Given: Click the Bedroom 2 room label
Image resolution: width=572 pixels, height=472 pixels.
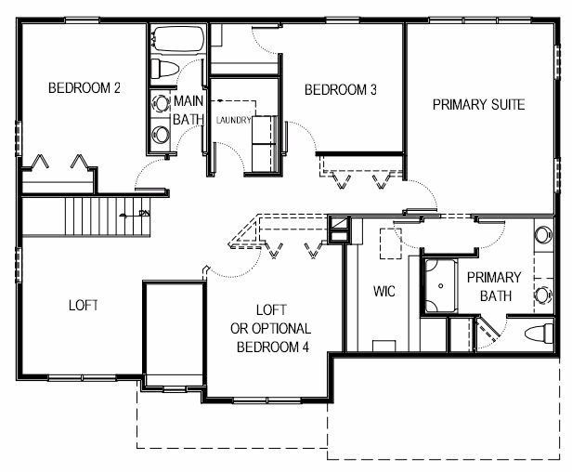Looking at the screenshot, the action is coord(84,88).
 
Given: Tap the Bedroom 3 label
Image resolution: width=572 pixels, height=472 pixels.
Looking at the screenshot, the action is coord(341,90).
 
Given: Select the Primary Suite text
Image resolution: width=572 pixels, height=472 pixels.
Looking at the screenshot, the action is coord(478,105).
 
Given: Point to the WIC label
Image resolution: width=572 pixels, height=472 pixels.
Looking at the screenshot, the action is coord(384,292).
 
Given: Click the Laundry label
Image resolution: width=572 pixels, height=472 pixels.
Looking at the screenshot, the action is coord(233,120).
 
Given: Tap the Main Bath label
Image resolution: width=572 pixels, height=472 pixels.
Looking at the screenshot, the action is coord(188,110).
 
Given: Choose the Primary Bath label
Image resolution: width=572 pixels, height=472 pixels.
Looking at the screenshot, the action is coord(494,286).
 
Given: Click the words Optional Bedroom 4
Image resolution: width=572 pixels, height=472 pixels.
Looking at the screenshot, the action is coord(271,337).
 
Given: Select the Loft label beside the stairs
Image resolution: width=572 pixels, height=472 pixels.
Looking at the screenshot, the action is coord(84,305).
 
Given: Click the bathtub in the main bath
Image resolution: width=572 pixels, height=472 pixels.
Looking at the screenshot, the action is coord(177,39).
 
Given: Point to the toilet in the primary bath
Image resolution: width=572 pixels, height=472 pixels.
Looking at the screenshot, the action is coord(539,334).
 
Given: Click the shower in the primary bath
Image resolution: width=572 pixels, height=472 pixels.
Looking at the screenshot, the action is coord(439,285).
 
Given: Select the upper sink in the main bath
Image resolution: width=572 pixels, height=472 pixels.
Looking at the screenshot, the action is coord(160,103).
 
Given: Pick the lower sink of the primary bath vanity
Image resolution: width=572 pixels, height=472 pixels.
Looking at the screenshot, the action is coord(543,295).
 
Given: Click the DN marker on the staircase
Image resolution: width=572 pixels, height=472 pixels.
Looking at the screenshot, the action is coord(145,213).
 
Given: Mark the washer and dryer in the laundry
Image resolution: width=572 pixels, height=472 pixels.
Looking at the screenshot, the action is coord(264,143).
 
